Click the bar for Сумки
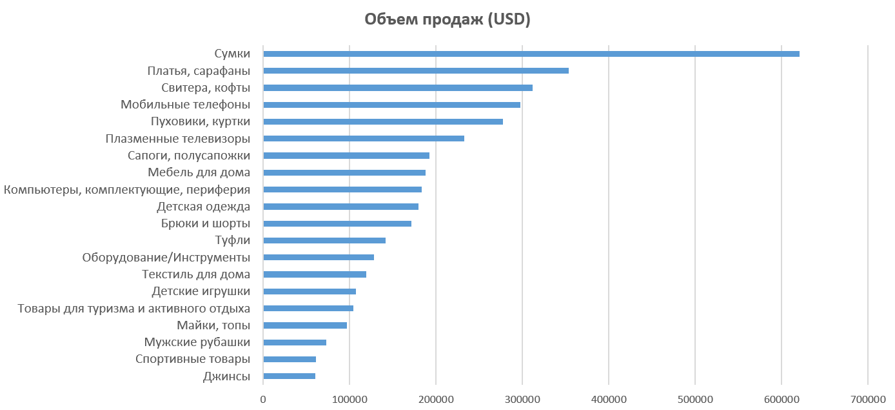coord(531,54)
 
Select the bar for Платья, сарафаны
coord(416,70)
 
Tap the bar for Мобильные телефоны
coord(391,105)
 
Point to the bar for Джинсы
coord(289,376)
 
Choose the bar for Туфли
coord(324,240)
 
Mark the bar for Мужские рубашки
coord(295,342)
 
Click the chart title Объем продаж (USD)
coord(448,20)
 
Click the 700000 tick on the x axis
coord(867,400)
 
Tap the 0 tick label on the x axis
coord(263,400)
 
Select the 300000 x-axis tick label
coord(522,400)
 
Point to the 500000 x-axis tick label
coord(695,400)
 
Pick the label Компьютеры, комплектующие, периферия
coord(127,190)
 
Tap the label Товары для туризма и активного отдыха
coord(134,309)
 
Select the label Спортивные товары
coord(193,360)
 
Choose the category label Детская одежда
coord(203,207)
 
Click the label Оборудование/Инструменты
coord(166,258)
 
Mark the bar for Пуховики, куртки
coord(383,121)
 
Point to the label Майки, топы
coord(213,325)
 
